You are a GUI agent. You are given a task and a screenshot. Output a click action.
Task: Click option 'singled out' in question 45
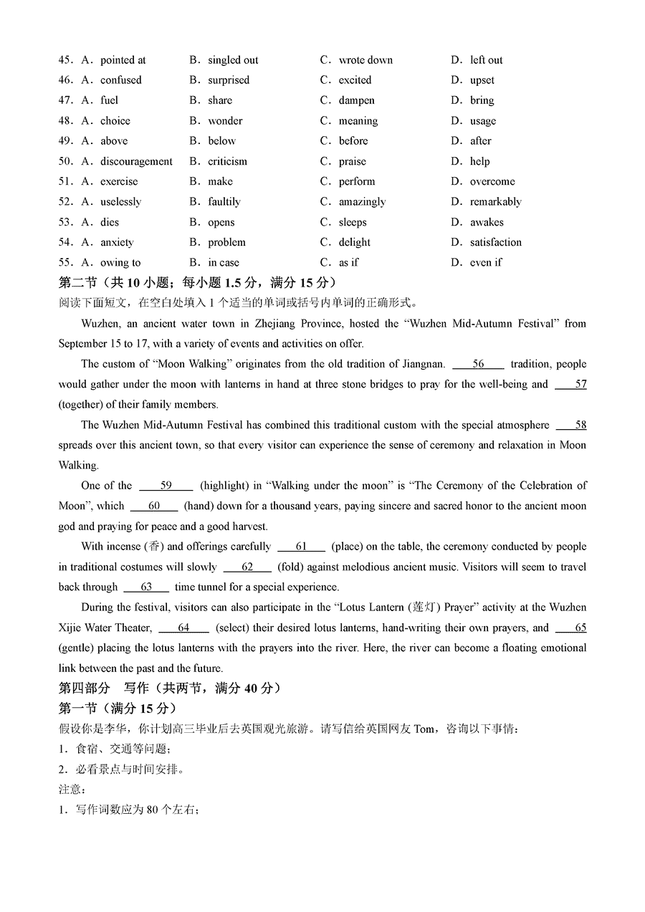233,60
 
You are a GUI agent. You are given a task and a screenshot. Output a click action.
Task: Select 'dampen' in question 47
356,100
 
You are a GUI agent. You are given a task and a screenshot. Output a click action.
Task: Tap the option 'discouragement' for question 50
136,161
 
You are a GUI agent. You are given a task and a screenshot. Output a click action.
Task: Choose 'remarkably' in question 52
495,202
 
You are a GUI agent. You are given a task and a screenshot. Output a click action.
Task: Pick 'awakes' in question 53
487,222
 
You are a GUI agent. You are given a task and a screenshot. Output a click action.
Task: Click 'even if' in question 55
485,263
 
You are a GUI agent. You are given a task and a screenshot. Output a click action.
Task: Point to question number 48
66,121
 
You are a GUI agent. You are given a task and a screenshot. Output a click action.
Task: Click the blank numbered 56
478,364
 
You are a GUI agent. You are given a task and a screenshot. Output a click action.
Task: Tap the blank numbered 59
166,486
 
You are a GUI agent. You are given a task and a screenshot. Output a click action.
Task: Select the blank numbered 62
247,567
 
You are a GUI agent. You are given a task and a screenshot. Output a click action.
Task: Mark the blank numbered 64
183,628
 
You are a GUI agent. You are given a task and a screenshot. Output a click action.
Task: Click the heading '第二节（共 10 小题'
122,283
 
